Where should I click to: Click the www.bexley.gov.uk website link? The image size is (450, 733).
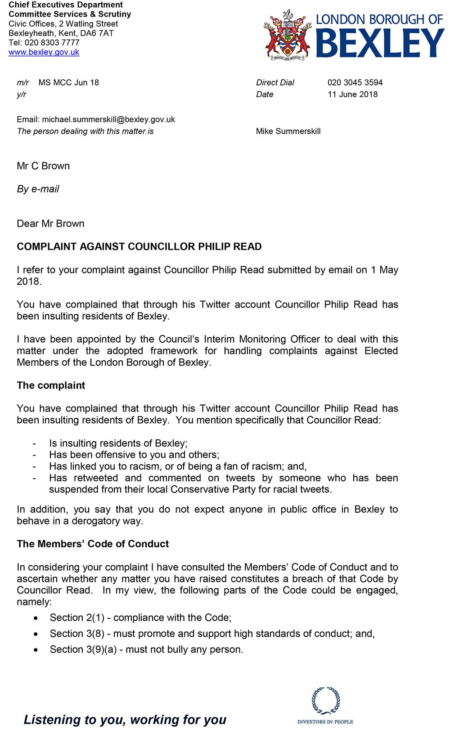(x=44, y=52)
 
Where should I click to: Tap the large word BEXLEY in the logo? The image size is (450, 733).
(x=380, y=43)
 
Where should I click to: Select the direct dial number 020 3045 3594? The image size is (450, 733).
(x=355, y=83)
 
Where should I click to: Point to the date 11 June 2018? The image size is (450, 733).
(x=352, y=94)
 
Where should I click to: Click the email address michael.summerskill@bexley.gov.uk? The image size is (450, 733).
(x=108, y=120)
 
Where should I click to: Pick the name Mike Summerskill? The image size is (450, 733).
(x=288, y=131)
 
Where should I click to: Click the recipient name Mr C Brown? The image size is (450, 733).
(x=43, y=166)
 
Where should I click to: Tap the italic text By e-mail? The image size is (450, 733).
(x=38, y=189)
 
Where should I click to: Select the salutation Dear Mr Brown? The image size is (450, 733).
(x=50, y=223)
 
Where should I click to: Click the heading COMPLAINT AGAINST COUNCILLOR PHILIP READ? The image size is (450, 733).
(x=139, y=246)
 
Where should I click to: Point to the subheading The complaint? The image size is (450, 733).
(x=51, y=385)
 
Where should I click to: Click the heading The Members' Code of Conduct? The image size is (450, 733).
(x=93, y=544)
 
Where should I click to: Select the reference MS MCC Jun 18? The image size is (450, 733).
(x=68, y=83)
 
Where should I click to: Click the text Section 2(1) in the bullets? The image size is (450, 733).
(x=77, y=618)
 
